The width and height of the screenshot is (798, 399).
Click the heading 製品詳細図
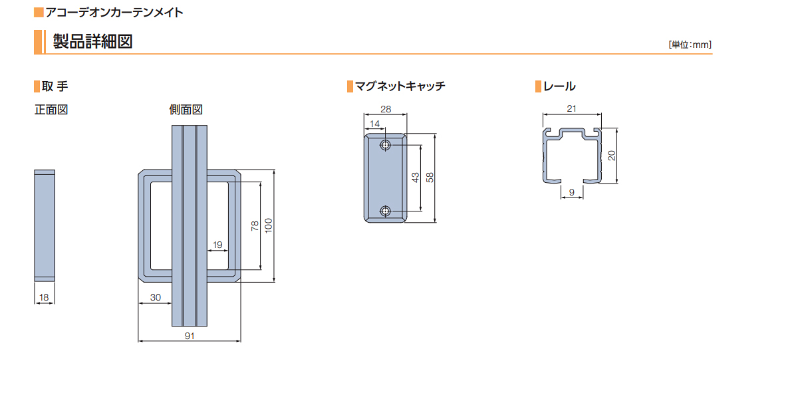pos(92,41)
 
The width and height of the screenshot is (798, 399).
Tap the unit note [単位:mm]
pos(690,45)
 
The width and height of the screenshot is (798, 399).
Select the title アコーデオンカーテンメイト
pos(114,13)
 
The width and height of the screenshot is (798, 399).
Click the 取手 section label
pos(55,86)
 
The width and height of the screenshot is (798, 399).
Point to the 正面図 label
pos(51,110)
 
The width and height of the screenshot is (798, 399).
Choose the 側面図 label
pos(186,110)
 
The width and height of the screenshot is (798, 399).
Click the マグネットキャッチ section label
pos(400,86)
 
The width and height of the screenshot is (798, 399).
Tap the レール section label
pos(559,86)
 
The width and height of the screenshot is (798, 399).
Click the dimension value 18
pos(44,297)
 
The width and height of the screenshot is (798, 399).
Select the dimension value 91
pos(190,336)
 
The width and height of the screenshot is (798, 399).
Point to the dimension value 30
pos(156,297)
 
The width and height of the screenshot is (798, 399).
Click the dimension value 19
pos(217,245)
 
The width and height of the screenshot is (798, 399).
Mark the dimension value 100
pos(269,225)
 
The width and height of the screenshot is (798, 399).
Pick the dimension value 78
pos(255,226)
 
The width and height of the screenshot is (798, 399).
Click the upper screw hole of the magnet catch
pos(385,146)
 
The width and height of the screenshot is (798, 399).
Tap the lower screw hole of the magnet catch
pos(385,211)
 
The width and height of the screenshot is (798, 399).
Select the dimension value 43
pos(416,178)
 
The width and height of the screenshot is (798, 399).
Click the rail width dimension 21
pos(571,108)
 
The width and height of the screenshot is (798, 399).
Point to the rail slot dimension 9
pos(572,192)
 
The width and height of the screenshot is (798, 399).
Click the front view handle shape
pos(45,225)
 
